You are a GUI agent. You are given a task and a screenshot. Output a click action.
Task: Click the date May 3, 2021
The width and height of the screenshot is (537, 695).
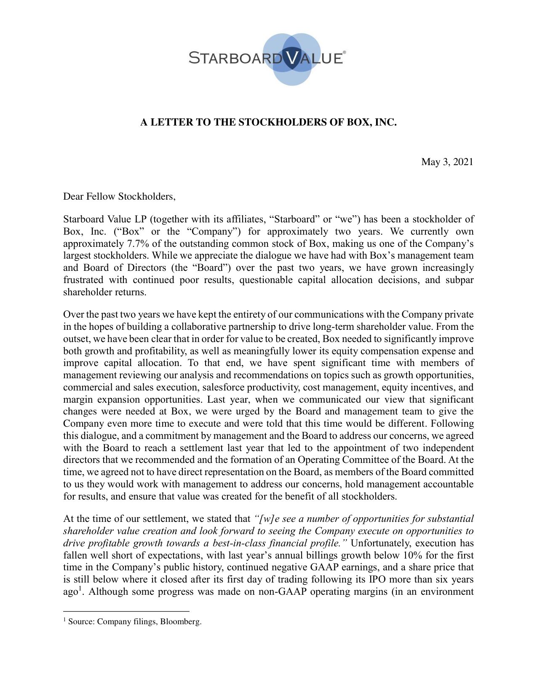point(447,162)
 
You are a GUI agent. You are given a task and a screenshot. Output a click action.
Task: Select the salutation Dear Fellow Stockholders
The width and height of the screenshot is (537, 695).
point(119,196)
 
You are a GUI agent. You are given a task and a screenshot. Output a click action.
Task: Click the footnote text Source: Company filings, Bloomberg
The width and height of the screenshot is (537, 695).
point(135,621)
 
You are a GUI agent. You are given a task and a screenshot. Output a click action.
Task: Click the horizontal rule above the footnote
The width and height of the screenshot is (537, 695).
point(126,611)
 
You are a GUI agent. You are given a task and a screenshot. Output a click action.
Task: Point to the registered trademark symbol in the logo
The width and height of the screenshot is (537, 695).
point(345,53)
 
